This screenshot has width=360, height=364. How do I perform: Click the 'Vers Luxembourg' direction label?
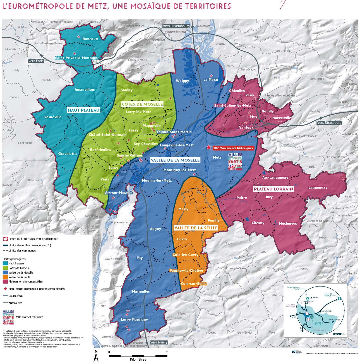(x=176, y=26)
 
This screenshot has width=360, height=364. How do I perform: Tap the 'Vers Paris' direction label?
(x=36, y=61)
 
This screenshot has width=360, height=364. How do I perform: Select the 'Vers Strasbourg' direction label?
(x=329, y=122)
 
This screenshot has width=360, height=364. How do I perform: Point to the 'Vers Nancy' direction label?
(x=159, y=342)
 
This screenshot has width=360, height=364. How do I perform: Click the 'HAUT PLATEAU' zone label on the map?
(x=83, y=110)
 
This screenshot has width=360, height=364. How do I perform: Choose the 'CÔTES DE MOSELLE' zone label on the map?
(x=142, y=104)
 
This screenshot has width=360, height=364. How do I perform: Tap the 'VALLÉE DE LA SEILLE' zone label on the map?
(x=196, y=228)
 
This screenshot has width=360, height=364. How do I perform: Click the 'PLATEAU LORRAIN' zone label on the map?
(x=273, y=189)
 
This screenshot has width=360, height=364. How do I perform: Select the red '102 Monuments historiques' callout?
(x=233, y=148)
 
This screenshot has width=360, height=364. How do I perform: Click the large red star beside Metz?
(x=209, y=147)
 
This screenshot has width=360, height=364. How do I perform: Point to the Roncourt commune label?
(x=90, y=39)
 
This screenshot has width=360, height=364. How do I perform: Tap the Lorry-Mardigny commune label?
(x=134, y=319)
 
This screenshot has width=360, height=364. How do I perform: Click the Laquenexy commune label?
(x=318, y=187)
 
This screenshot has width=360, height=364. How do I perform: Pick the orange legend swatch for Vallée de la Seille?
(x=5, y=277)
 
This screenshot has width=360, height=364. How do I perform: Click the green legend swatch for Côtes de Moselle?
(x=5, y=268)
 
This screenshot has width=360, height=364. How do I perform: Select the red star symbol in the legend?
(x=5, y=289)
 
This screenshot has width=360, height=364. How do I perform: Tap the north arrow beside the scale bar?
(x=96, y=356)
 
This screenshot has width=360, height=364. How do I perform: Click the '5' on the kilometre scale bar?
(x=167, y=352)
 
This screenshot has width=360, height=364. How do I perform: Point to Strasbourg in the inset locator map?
(x=334, y=320)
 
